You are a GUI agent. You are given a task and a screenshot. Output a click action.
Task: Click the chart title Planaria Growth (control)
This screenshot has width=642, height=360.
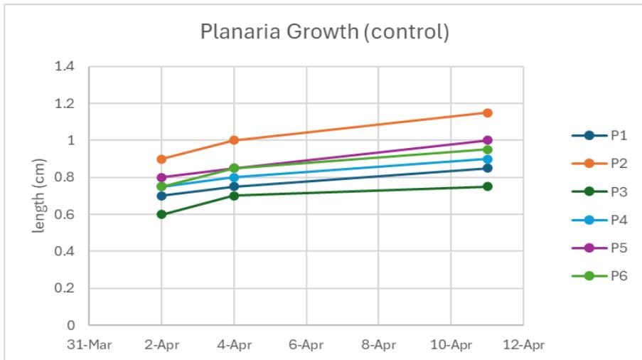(x=324, y=33)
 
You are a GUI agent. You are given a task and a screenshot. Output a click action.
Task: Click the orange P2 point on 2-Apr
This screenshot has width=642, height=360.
(x=161, y=159)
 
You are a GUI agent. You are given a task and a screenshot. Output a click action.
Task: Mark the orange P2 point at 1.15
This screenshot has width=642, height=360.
(x=488, y=113)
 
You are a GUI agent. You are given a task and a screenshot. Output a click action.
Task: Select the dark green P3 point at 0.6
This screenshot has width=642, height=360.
(x=161, y=214)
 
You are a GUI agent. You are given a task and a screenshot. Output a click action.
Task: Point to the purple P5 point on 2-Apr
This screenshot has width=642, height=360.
(x=161, y=177)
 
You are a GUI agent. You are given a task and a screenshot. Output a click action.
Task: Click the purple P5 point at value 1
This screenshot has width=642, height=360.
(x=488, y=141)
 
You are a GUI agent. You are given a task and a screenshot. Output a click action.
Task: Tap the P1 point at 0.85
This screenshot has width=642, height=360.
(x=488, y=168)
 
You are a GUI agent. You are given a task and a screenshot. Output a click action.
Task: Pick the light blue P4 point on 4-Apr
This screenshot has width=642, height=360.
(x=234, y=177)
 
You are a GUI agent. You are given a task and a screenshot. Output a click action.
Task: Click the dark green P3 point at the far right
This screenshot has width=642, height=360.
(x=488, y=186)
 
